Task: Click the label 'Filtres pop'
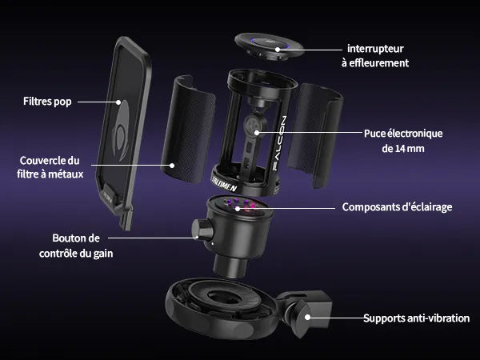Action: (x=47, y=102)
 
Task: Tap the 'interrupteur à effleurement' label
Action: (x=375, y=56)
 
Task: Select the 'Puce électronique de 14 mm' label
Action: (x=403, y=141)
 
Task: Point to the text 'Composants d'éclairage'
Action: (x=397, y=207)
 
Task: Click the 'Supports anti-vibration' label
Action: (x=416, y=318)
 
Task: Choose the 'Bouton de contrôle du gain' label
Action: (x=76, y=246)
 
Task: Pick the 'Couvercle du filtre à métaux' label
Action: (x=50, y=167)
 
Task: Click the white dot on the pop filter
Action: (x=118, y=102)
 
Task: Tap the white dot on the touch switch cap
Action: (x=278, y=50)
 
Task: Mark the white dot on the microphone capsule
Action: (x=257, y=133)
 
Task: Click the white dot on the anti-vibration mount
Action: (x=308, y=318)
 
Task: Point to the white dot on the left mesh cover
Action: (x=172, y=166)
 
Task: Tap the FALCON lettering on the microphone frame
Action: (x=279, y=143)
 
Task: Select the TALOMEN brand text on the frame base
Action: (x=224, y=184)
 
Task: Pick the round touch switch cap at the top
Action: (x=269, y=46)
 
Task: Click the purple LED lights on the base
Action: (x=242, y=205)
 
